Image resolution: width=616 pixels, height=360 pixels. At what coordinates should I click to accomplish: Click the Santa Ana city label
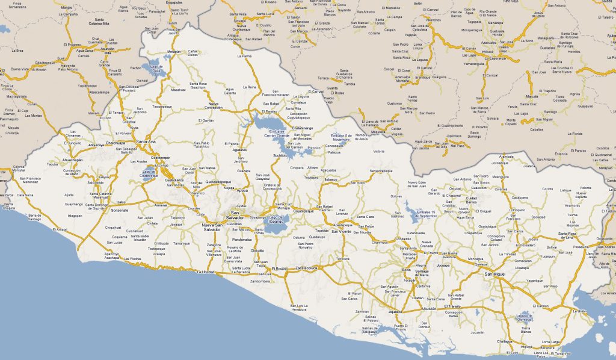(146, 141)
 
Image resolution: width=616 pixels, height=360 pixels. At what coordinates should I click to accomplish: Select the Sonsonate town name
(120, 211)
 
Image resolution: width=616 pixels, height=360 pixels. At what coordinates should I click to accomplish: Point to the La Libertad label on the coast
(206, 272)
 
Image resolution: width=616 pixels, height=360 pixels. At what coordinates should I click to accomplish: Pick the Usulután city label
(429, 308)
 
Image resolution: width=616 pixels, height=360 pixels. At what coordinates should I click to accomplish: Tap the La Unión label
(579, 311)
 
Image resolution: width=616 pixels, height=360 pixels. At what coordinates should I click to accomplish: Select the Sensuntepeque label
(381, 172)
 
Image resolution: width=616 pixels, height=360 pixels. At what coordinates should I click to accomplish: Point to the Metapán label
(174, 52)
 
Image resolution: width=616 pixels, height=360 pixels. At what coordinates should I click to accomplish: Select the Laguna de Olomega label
(525, 318)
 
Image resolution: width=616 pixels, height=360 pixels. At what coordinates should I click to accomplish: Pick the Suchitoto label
(280, 155)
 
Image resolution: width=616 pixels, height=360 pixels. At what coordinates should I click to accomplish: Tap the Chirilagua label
(505, 341)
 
